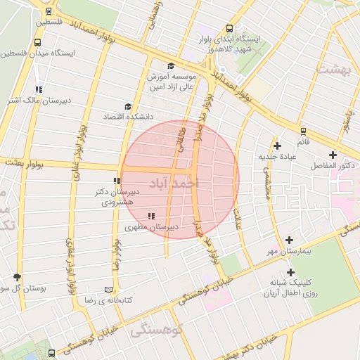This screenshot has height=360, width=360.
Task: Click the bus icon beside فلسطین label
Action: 49,12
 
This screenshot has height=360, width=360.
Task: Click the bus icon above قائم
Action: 303,131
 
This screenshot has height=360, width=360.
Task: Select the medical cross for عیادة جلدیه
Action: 278,146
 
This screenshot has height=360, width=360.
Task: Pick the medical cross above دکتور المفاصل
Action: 333,155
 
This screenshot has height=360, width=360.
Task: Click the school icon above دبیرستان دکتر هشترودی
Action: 117,181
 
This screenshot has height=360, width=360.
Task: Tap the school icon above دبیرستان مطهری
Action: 150,216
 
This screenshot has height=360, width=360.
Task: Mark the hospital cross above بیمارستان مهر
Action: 289,240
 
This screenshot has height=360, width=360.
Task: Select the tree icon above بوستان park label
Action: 17,278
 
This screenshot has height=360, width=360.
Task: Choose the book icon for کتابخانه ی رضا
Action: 108,290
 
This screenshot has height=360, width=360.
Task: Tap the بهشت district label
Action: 333,70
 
